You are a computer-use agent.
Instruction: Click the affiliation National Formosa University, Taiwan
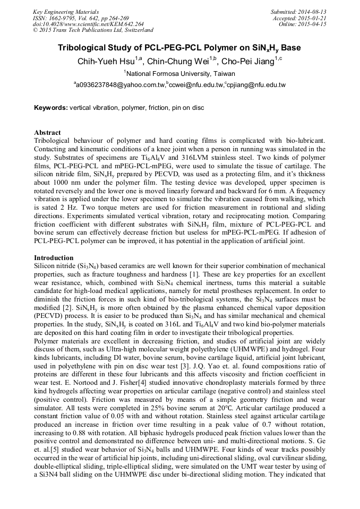(179, 74)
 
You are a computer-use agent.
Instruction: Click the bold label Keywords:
(51, 108)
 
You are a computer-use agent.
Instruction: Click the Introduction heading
(54, 257)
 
